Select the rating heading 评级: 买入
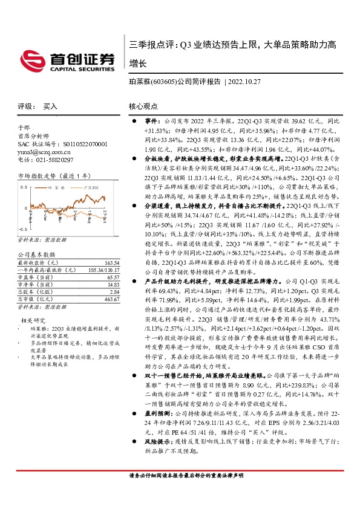point(36,106)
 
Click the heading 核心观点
point(142,106)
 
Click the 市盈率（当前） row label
point(34,277)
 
